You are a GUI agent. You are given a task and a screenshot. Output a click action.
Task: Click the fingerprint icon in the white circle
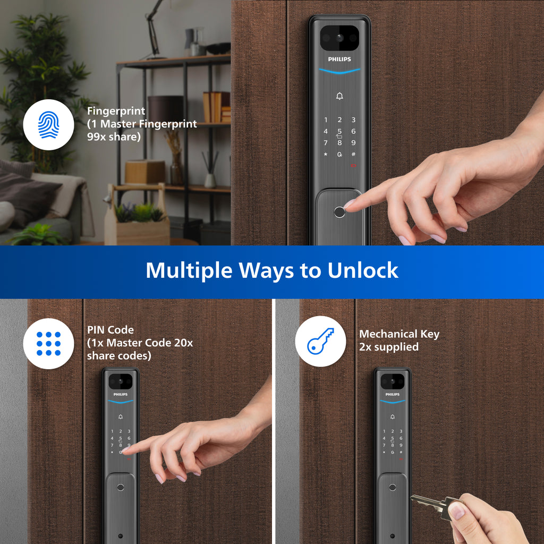pyautogui.click(x=48, y=125)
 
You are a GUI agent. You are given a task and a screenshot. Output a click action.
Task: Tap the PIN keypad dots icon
pyautogui.click(x=48, y=344)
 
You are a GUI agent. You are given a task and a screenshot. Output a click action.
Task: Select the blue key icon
pyautogui.click(x=320, y=341)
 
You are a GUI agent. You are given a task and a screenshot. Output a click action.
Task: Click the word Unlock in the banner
pyautogui.click(x=363, y=270)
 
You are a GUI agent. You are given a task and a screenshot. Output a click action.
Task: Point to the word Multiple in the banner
pyautogui.click(x=189, y=270)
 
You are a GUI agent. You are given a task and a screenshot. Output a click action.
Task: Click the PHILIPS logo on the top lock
pyautogui.click(x=339, y=59)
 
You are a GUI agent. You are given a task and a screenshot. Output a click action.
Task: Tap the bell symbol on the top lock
pyautogui.click(x=339, y=96)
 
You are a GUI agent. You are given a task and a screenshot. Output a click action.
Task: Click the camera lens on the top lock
pyautogui.click(x=339, y=38)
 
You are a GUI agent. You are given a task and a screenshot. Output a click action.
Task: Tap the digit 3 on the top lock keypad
pyautogui.click(x=353, y=120)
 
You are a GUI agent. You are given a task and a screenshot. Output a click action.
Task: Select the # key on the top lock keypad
pyautogui.click(x=353, y=155)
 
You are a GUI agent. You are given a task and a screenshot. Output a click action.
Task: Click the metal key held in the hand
pyautogui.click(x=430, y=502)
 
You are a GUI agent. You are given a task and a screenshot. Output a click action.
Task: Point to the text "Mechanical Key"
pyautogui.click(x=399, y=334)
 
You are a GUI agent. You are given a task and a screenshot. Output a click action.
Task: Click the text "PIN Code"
pyautogui.click(x=110, y=330)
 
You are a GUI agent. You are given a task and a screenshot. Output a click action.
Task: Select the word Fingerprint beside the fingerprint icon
pyautogui.click(x=116, y=112)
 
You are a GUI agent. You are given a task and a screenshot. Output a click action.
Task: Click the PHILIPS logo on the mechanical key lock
pyautogui.click(x=393, y=395)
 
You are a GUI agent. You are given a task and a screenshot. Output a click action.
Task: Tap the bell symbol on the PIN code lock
pyautogui.click(x=121, y=416)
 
